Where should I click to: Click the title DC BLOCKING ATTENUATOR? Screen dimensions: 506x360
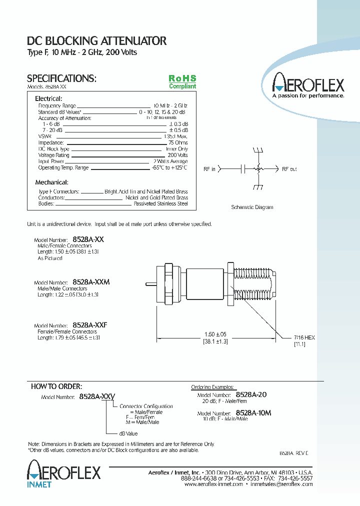(96, 41)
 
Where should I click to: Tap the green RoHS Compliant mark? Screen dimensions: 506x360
(182, 82)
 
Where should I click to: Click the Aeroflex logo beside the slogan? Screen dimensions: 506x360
(308, 83)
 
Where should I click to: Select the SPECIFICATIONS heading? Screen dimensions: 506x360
(61, 78)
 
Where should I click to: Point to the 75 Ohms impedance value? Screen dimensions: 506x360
(178, 142)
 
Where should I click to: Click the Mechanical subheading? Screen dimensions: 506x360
(51, 182)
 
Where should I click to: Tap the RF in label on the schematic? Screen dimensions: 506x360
(209, 169)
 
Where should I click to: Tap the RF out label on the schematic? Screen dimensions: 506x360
(289, 169)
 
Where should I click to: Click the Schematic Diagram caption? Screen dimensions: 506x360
(252, 207)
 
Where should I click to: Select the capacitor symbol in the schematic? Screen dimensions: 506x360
(243, 169)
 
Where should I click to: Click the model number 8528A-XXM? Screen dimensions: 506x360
(91, 282)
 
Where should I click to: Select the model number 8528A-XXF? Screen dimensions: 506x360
(90, 325)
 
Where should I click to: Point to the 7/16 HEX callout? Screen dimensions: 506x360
(304, 338)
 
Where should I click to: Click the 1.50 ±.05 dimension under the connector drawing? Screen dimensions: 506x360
(215, 334)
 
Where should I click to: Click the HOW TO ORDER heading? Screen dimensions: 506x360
(56, 386)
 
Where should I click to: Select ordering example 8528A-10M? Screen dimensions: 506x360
(253, 413)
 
